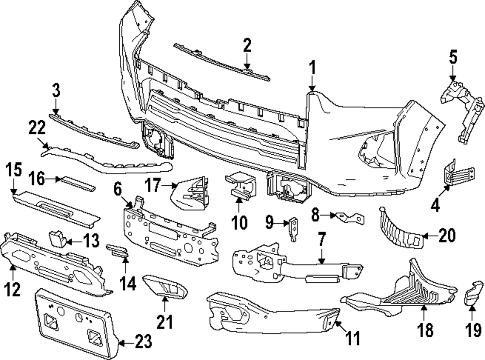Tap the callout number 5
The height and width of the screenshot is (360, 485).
coord(453,58)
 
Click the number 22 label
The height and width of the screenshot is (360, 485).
coord(37,129)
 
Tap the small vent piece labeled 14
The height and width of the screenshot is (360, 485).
coord(117,249)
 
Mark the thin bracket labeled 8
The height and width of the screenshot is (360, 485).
coord(349,216)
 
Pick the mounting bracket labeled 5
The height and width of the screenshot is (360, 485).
coord(463,109)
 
